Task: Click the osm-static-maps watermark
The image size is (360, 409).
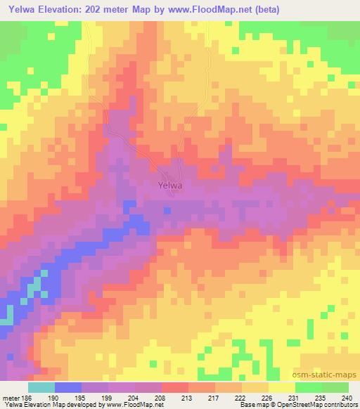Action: pyautogui.click(x=331, y=376)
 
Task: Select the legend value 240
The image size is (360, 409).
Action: pyautogui.click(x=345, y=397)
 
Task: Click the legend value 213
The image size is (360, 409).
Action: pyautogui.click(x=186, y=397)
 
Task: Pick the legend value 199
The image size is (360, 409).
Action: pyautogui.click(x=106, y=397)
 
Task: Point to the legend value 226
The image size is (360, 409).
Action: pyautogui.click(x=266, y=397)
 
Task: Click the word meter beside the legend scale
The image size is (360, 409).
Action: pyautogui.click(x=10, y=397)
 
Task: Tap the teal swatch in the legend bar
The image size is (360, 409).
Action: pyautogui.click(x=41, y=387)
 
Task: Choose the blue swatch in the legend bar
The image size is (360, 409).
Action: pyautogui.click(x=68, y=387)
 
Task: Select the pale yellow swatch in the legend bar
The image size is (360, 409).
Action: pyautogui.click(x=281, y=387)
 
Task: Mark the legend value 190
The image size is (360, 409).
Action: pyautogui.click(x=53, y=397)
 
